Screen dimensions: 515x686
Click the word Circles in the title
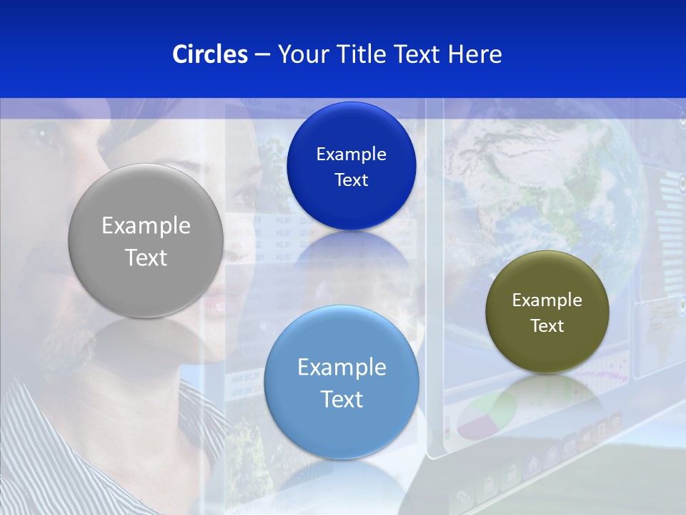[x=209, y=54]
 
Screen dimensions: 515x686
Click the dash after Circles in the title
[x=262, y=55]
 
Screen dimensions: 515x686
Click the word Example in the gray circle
[x=146, y=226]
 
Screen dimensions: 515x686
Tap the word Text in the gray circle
[x=146, y=257]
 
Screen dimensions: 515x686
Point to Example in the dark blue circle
[x=351, y=154]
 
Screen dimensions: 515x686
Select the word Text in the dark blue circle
[x=351, y=180]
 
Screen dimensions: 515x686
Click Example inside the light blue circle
[x=342, y=368]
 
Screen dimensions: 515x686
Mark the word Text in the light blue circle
[x=342, y=399]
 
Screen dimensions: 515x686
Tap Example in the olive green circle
[x=547, y=300]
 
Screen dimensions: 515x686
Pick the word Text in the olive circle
[x=547, y=326]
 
